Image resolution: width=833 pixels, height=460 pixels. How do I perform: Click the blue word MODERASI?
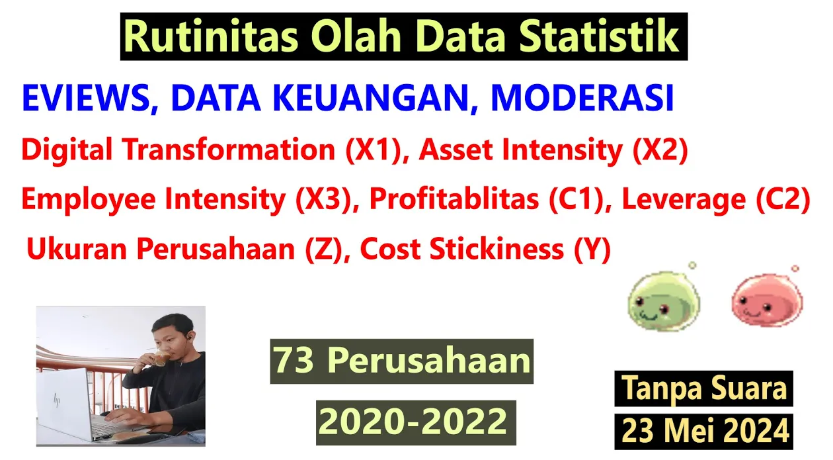(582, 97)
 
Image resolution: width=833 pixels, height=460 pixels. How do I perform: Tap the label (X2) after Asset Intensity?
(660, 150)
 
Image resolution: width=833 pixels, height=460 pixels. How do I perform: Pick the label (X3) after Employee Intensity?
(323, 199)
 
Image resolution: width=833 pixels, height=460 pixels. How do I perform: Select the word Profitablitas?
(454, 199)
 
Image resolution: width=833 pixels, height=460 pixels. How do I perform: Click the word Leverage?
(684, 200)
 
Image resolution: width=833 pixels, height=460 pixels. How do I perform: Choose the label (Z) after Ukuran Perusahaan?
(323, 249)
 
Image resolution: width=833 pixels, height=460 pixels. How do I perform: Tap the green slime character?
(664, 299)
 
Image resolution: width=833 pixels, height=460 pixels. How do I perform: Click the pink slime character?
(767, 299)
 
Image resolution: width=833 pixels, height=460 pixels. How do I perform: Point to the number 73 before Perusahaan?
(294, 360)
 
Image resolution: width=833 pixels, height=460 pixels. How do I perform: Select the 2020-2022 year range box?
(416, 422)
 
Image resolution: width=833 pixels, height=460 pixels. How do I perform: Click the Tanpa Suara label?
(703, 388)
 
